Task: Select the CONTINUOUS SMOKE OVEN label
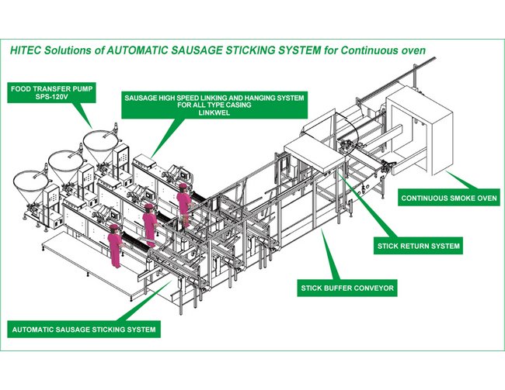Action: (x=449, y=198)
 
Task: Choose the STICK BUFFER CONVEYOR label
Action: (x=348, y=288)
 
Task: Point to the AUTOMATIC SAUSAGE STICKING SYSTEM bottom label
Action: (x=85, y=330)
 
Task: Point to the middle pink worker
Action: (x=149, y=221)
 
